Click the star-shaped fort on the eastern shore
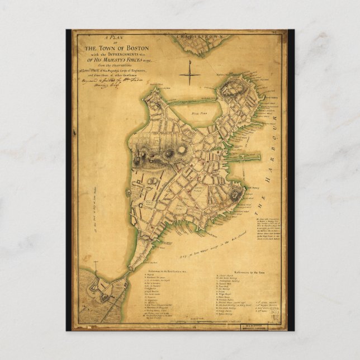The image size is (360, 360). click(235, 194)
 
